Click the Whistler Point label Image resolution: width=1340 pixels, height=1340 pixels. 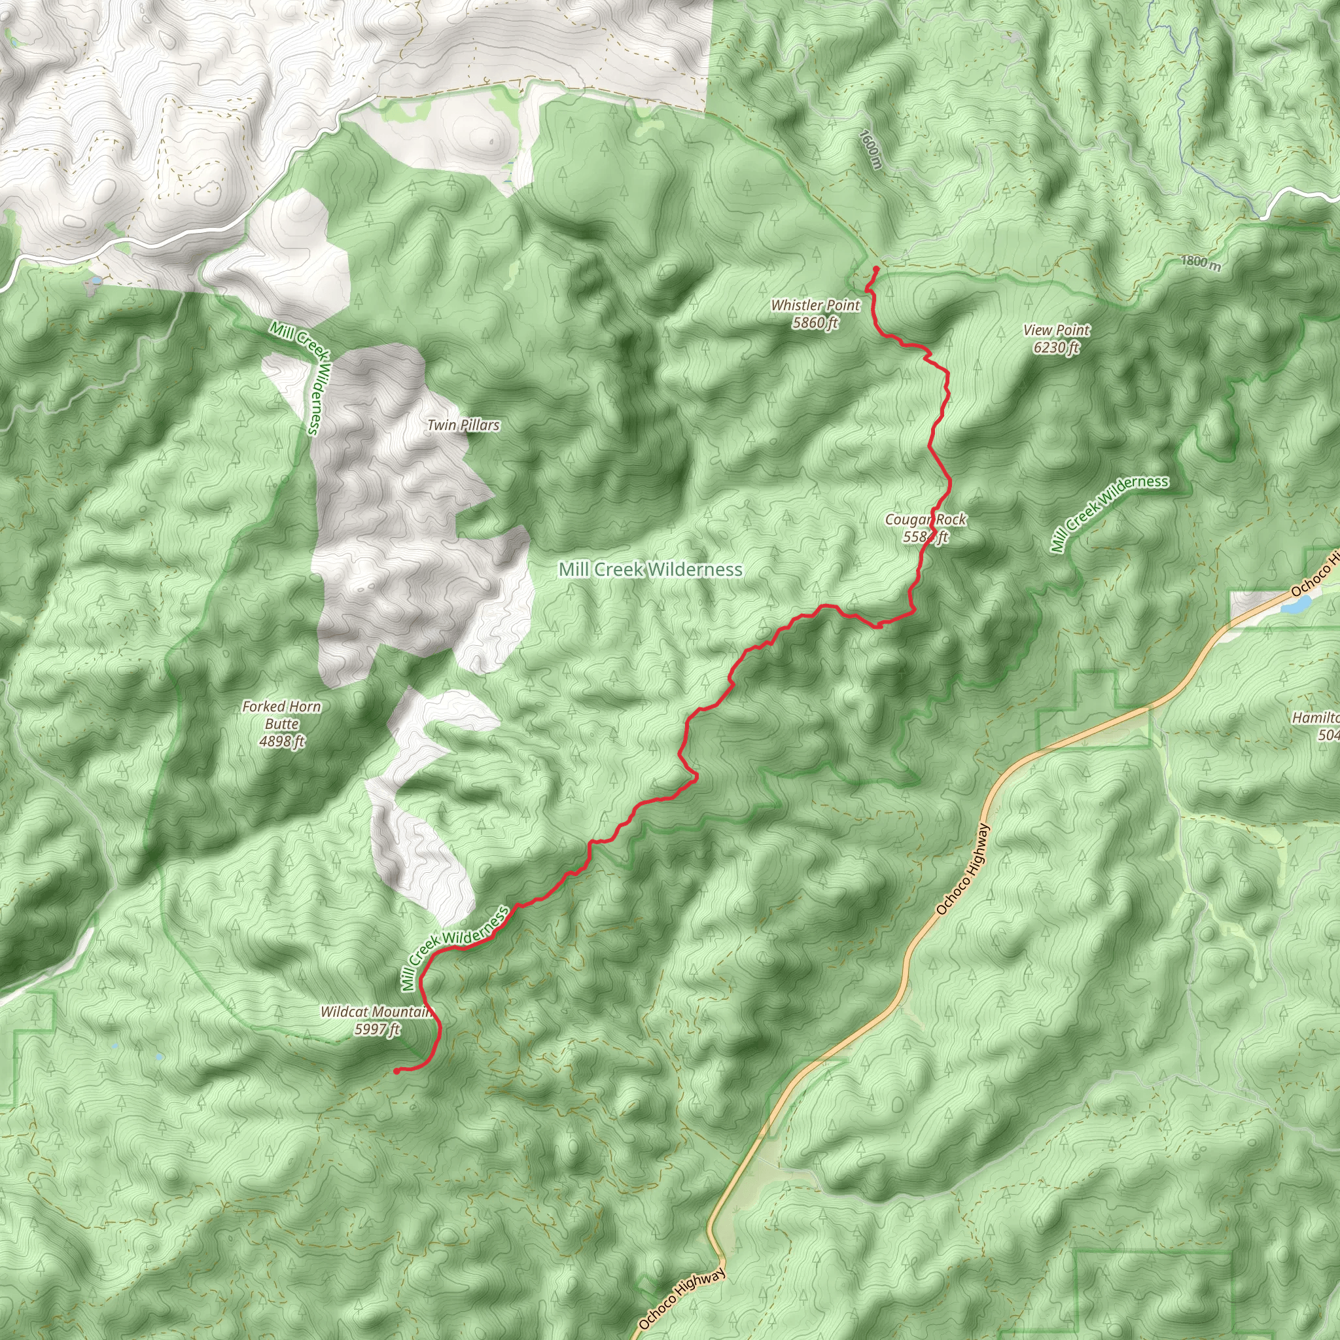tap(815, 305)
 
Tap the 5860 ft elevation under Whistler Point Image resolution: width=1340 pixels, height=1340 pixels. tap(815, 323)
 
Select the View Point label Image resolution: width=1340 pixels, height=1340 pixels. tap(1056, 330)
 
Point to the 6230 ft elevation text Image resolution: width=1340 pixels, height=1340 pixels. tap(1056, 347)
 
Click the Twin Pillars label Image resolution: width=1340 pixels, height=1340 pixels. tap(463, 425)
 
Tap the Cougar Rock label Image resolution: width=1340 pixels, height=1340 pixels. tap(925, 520)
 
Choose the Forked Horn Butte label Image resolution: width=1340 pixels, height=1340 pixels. tap(281, 715)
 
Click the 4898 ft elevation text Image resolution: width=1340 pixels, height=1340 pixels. tap(281, 741)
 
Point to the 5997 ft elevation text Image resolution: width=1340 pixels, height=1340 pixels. tap(378, 1029)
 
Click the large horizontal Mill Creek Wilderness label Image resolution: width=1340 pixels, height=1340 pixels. tap(650, 569)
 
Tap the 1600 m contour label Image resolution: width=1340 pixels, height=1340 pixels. tap(870, 149)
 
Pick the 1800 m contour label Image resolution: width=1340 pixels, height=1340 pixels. tap(1201, 262)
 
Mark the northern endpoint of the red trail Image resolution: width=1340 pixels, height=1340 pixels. tap(877, 268)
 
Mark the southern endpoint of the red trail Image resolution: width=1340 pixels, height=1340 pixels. tap(396, 1071)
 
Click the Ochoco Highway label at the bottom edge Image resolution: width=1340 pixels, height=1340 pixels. tap(682, 1298)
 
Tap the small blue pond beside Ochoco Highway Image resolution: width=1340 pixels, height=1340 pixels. tap(1294, 605)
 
